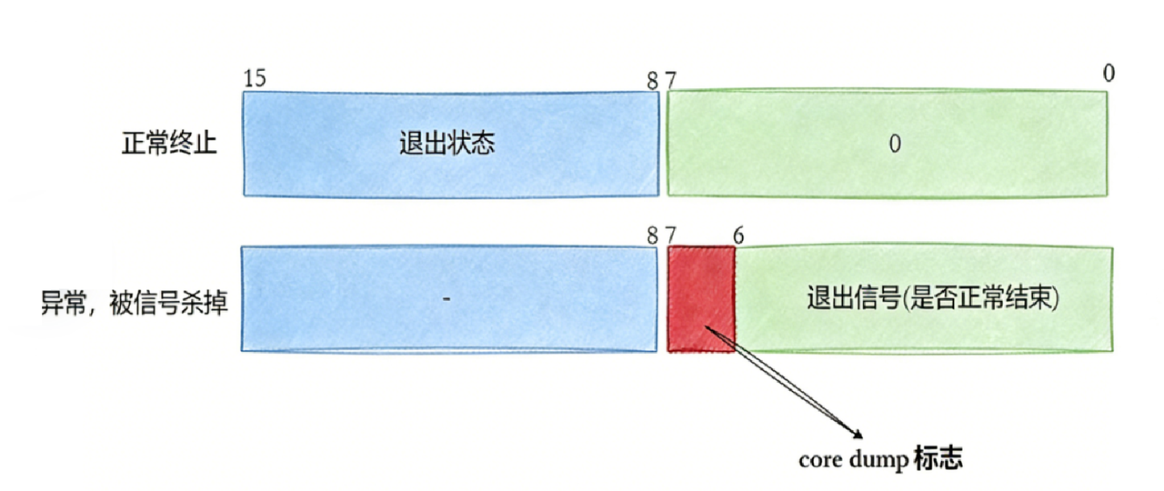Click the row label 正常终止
pos(169,145)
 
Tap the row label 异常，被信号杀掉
pos(134,301)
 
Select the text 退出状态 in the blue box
pos(447,144)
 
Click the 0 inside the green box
pos(895,144)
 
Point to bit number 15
pos(255,78)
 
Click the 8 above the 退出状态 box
pos(652,80)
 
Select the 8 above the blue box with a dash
pos(652,235)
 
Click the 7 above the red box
pos(671,235)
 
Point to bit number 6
pos(738,235)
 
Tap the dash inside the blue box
pos(447,298)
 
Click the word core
pos(818,460)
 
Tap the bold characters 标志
pos(938,459)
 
